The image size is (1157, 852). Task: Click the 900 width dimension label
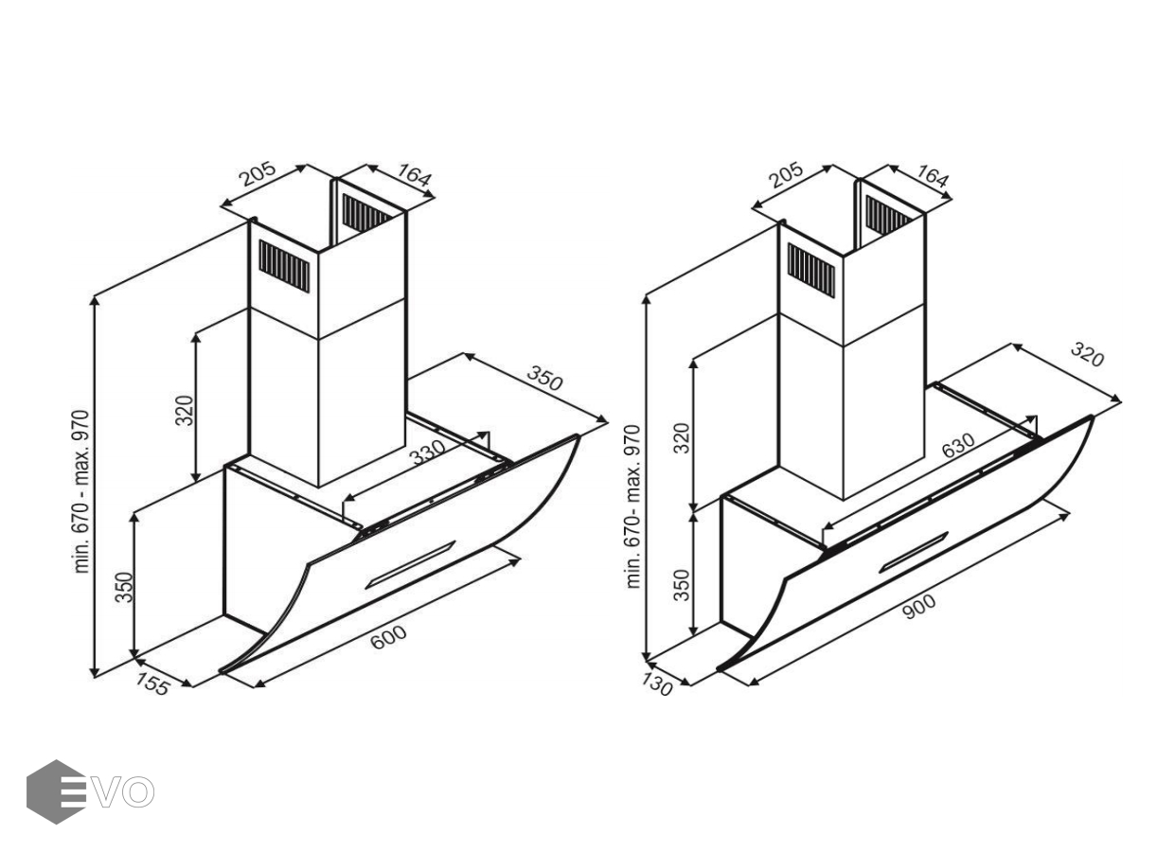click(x=919, y=607)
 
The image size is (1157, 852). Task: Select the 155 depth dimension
click(x=152, y=684)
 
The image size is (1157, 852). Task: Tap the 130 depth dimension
click(x=656, y=685)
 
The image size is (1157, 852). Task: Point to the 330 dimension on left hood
click(x=427, y=452)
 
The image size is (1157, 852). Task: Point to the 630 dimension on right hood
click(x=958, y=445)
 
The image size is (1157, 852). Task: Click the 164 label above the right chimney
click(x=932, y=177)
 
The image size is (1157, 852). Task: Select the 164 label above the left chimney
click(x=413, y=174)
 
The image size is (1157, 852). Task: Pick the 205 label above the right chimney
click(x=785, y=175)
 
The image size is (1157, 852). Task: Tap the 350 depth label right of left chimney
click(x=544, y=379)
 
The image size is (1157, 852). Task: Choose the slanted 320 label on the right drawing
click(x=1087, y=355)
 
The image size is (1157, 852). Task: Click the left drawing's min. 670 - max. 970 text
click(x=81, y=491)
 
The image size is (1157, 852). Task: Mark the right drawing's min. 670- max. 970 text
click(x=632, y=506)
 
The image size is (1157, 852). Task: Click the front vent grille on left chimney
click(x=284, y=266)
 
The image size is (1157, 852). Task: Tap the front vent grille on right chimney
click(x=810, y=271)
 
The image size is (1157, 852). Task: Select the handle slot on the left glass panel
click(x=410, y=565)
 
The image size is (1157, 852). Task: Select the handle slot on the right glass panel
click(x=914, y=553)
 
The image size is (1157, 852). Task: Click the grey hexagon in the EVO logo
click(x=56, y=791)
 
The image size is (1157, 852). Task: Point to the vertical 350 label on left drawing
click(x=124, y=587)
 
